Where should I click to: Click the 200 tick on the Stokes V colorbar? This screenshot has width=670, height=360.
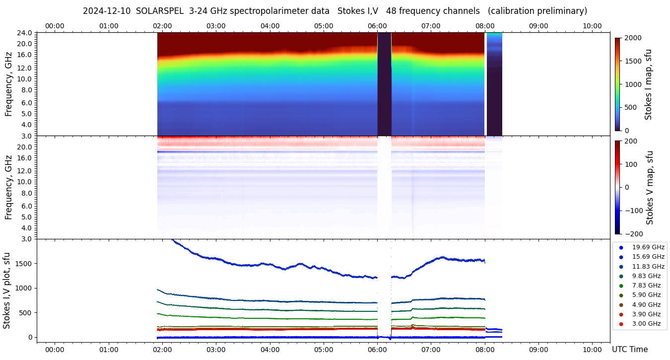pos(632,141)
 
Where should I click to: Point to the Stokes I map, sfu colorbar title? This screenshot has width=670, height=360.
pos(649,84)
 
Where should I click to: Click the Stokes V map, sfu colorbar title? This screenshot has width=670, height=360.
pos(650,188)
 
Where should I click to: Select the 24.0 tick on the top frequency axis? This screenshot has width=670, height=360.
pos(25,33)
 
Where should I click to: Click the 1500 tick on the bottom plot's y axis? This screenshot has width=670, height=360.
pos(23,264)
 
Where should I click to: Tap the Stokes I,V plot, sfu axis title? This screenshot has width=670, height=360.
pos(7,290)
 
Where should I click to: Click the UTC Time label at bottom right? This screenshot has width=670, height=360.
pos(629,350)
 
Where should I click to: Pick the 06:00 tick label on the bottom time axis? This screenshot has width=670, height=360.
pos(377,350)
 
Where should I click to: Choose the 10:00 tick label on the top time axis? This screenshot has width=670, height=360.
pos(592,26)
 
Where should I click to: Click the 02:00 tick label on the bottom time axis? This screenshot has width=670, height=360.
pos(162,350)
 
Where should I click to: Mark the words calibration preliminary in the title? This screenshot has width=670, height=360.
pos(538,11)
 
